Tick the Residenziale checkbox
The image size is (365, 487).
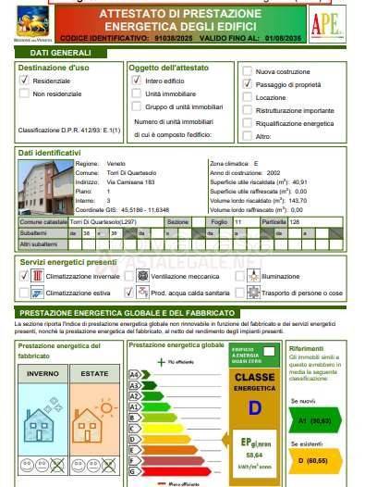pos(24,81)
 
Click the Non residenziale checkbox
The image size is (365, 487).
pos(24,94)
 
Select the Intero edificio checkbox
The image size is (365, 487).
pos(135,81)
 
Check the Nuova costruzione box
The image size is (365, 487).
pos(247,71)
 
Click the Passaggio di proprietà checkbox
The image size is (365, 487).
pos(247,84)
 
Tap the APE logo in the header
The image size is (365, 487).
pos(328,25)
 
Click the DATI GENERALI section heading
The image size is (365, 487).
pos(45,53)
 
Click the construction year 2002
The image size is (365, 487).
pos(273,172)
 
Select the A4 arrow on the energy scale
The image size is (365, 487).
pos(136,375)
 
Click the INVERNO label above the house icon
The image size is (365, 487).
pos(42,373)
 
